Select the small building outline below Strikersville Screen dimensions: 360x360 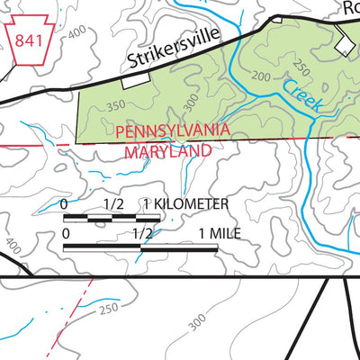pos(137,81)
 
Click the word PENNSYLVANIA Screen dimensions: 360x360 pos(172,131)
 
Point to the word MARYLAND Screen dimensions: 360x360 pos(166,152)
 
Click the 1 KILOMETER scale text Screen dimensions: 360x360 pos(185,205)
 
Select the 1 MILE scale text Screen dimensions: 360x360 pos(220,233)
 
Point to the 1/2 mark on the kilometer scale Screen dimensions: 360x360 pos(113,205)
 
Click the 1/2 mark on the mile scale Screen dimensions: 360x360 pos(141,233)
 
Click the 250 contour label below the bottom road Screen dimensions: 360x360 pos(109,309)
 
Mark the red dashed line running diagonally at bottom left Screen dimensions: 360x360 pos(77,310)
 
